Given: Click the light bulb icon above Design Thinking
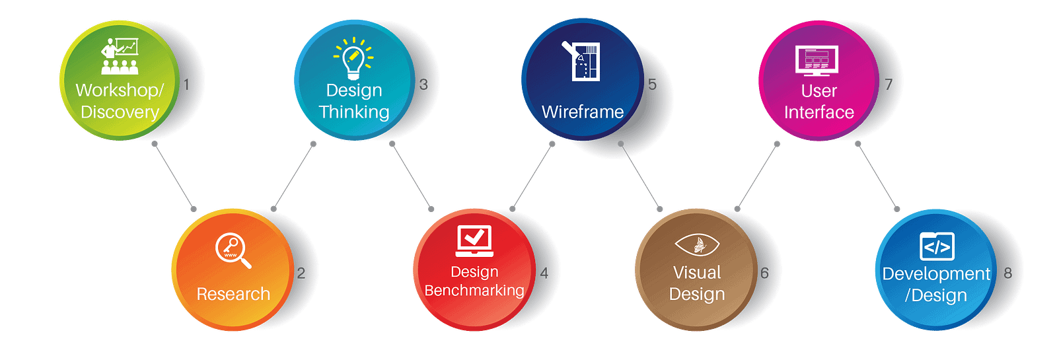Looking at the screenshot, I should point(353,58).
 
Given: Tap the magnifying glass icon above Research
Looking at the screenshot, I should point(233,250).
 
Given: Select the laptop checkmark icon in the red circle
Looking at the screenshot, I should point(474,241).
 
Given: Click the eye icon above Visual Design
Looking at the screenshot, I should point(696,245).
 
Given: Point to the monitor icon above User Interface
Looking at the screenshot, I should point(817,61).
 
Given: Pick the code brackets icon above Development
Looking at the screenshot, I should point(937,247).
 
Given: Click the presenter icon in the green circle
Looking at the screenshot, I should point(120,55).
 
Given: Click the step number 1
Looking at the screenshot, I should point(186,85).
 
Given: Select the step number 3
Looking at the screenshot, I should point(423,85).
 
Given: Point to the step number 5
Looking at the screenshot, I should point(652,85).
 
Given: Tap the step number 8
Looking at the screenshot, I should point(1007,273).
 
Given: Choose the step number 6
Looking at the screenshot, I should point(764,273).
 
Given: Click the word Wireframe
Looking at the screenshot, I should point(583,112).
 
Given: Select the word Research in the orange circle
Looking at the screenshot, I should point(233,294).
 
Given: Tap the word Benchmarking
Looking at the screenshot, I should point(474,291).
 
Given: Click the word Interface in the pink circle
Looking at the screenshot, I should point(819,112).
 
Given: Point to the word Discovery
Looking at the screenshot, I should point(120,112).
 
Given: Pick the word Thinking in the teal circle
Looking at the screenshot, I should point(354,112).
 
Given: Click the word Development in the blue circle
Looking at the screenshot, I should point(936,273).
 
